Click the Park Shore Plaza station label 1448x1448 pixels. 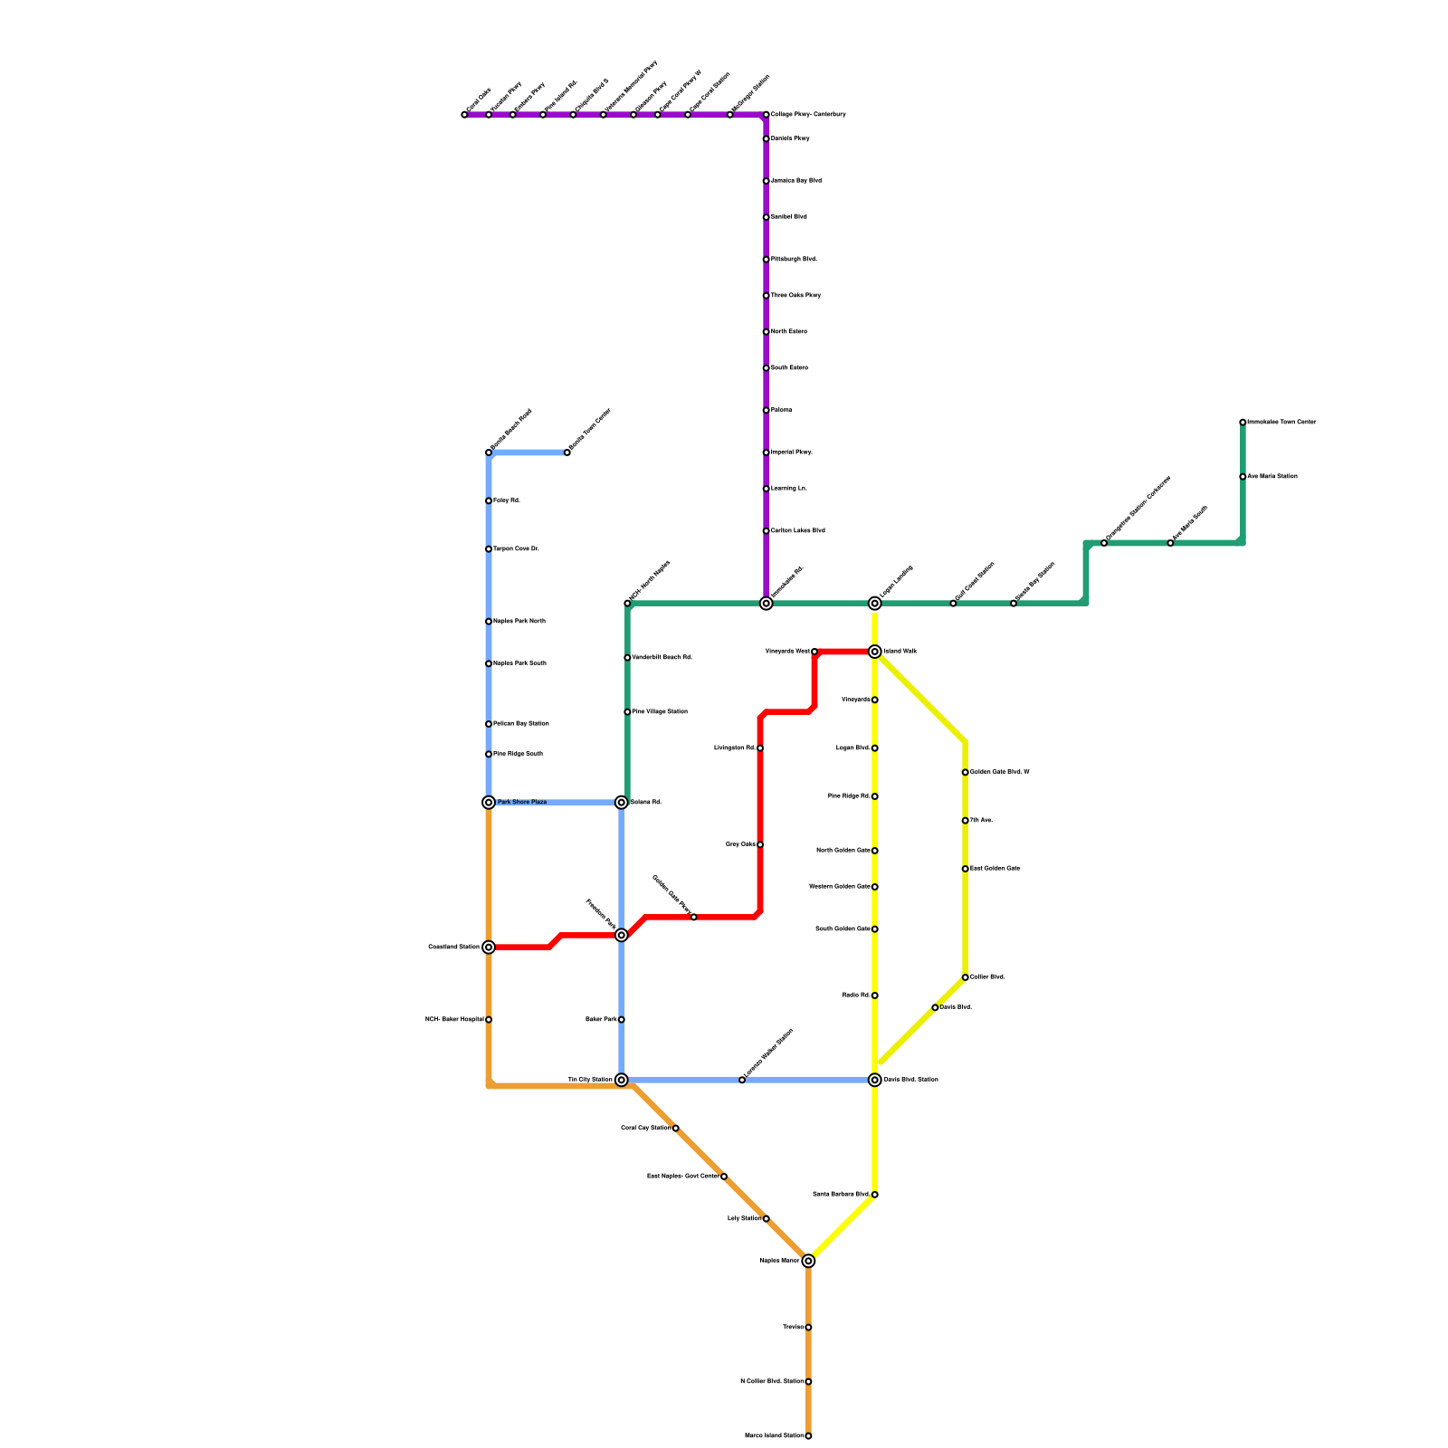pos(522,802)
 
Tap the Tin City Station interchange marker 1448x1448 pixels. pos(622,1080)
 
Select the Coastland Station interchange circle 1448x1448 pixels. pos(489,948)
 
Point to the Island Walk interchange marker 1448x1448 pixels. pos(875,652)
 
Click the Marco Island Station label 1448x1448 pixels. pos(774,1435)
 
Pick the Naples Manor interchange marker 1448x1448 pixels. pos(808,1261)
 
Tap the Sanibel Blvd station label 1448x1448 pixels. pos(788,217)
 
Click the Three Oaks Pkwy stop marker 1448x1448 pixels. pos(767,296)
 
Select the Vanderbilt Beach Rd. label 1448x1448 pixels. pos(662,657)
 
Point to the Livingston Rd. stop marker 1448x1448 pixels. pos(760,748)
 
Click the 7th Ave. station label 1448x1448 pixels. pos(981,820)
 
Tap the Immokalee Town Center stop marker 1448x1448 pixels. pos(1243,423)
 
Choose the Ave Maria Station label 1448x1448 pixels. pos(1272,476)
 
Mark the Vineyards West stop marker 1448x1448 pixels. pos(814,652)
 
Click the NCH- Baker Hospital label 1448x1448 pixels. pos(454,1020)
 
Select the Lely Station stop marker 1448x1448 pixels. pos(767,1219)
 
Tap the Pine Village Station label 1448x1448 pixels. pos(659,711)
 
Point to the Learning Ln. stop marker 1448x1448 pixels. pos(767,489)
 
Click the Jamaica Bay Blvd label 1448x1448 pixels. pos(795,181)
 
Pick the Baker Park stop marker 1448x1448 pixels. pos(622,1020)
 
